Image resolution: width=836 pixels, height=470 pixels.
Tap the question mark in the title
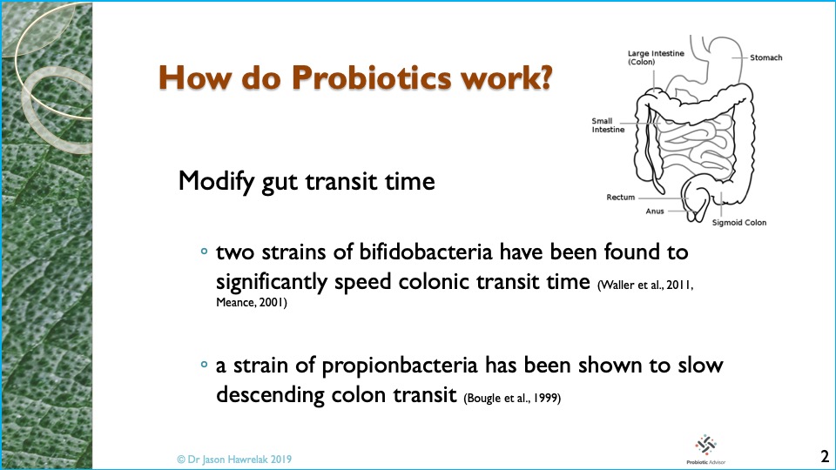pyautogui.click(x=543, y=77)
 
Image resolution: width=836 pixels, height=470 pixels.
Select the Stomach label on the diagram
pyautogui.click(x=766, y=57)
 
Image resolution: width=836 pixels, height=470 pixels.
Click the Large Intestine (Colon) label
pyautogui.click(x=656, y=57)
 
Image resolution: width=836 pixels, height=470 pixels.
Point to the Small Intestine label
pyautogui.click(x=608, y=125)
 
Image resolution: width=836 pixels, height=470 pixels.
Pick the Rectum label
pyautogui.click(x=621, y=198)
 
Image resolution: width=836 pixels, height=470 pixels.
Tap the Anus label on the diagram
pyautogui.click(x=655, y=211)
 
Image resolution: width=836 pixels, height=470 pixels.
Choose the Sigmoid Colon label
pyautogui.click(x=739, y=223)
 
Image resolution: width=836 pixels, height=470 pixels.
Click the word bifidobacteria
pyautogui.click(x=426, y=252)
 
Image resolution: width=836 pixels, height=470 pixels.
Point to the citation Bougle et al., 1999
pyautogui.click(x=512, y=398)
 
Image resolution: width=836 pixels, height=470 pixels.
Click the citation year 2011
pyautogui.click(x=679, y=285)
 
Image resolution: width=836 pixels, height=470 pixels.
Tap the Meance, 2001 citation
pyautogui.click(x=251, y=303)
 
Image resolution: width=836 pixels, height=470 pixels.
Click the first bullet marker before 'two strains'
pyautogui.click(x=204, y=251)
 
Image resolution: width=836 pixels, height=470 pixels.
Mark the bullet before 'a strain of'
pyautogui.click(x=204, y=365)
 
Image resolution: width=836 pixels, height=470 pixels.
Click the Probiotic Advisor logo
pyautogui.click(x=706, y=449)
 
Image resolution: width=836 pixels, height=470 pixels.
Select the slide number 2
pyautogui.click(x=825, y=457)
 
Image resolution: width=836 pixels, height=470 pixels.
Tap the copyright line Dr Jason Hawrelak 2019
pyautogui.click(x=234, y=460)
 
